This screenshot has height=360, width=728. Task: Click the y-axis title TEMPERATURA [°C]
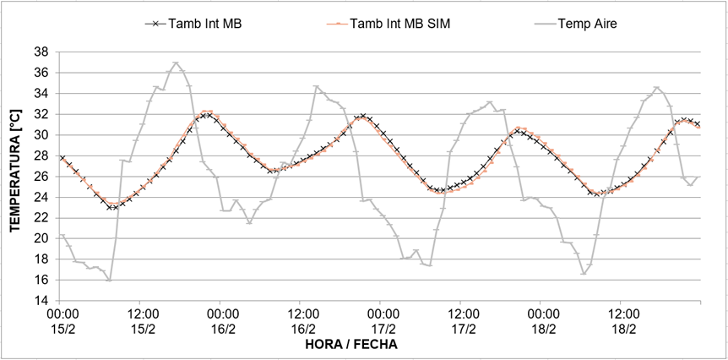point(14,176)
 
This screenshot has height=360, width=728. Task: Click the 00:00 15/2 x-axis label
point(60,321)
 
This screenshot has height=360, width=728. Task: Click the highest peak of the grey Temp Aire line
point(176,63)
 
